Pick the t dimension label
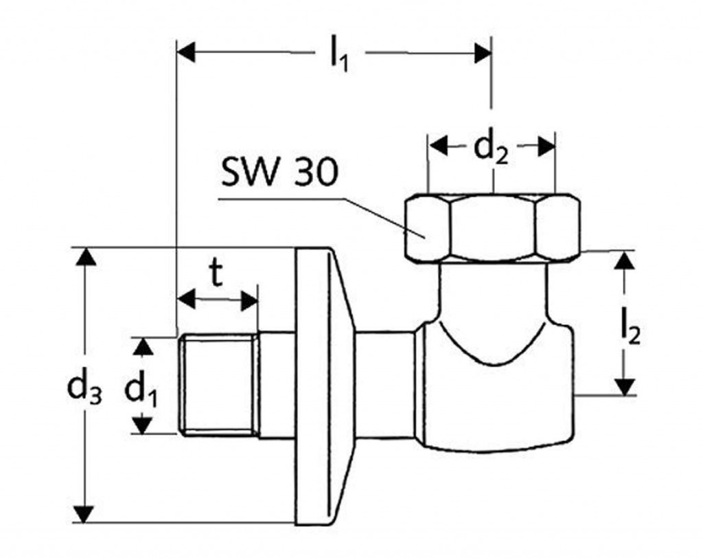(x=216, y=274)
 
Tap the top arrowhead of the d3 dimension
(x=84, y=257)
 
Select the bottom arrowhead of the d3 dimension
(x=84, y=513)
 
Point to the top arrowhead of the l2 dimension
(x=624, y=261)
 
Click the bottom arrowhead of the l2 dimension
(x=624, y=386)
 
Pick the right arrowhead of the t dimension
(x=249, y=300)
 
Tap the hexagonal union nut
(x=492, y=228)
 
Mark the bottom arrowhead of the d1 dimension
(x=141, y=425)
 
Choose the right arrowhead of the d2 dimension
(x=545, y=146)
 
